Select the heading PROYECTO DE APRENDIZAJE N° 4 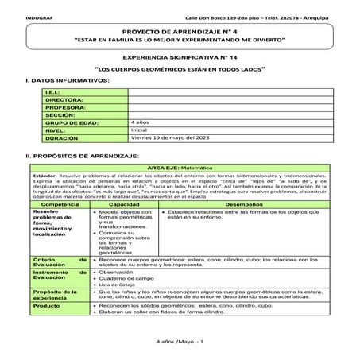pyautogui.click(x=180, y=29)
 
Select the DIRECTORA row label pyautogui.click(x=64, y=100)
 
